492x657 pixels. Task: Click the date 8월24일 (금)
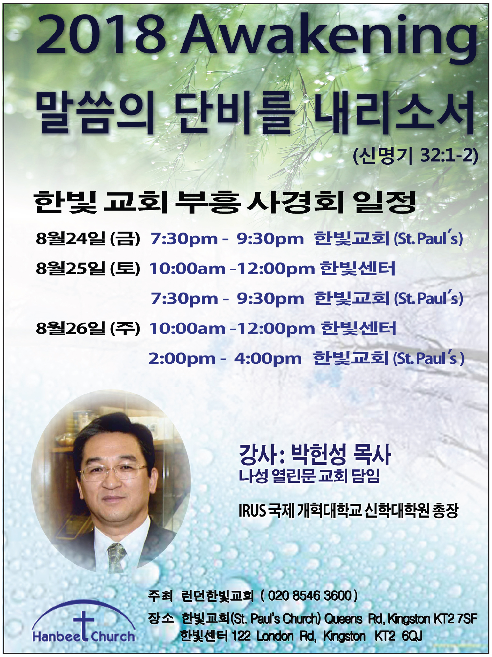click(88, 238)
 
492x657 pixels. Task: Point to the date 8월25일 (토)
click(88, 268)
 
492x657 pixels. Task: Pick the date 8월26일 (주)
click(88, 328)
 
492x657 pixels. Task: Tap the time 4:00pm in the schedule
click(268, 359)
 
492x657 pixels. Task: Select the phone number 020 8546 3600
click(310, 596)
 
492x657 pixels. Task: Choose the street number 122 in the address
click(241, 636)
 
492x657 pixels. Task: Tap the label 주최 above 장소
click(160, 596)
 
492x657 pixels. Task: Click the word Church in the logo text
click(113, 637)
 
